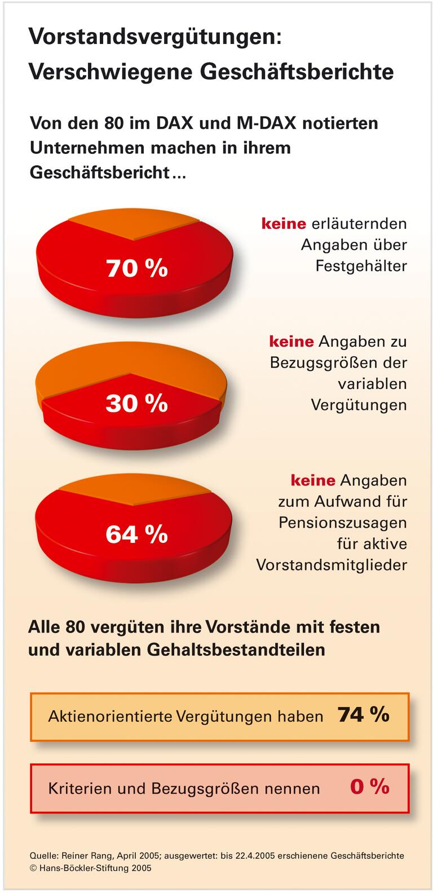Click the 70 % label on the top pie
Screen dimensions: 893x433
pyautogui.click(x=136, y=268)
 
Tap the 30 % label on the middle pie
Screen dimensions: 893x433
pyautogui.click(x=136, y=403)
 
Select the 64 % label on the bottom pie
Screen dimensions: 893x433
pyautogui.click(x=136, y=534)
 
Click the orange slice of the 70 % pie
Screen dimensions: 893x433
pyautogui.click(x=134, y=225)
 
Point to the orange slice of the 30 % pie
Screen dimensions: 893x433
pyautogui.click(x=130, y=361)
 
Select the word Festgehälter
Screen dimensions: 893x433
pyautogui.click(x=361, y=266)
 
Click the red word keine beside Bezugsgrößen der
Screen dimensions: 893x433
pyautogui.click(x=291, y=342)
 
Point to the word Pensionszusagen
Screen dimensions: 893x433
pyautogui.click(x=342, y=523)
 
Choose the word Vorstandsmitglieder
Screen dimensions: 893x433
pyautogui.click(x=332, y=565)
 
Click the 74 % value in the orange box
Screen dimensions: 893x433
pyautogui.click(x=364, y=715)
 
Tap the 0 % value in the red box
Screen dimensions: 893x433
pyautogui.click(x=369, y=786)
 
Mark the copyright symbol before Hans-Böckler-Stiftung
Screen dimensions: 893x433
pyautogui.click(x=33, y=869)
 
